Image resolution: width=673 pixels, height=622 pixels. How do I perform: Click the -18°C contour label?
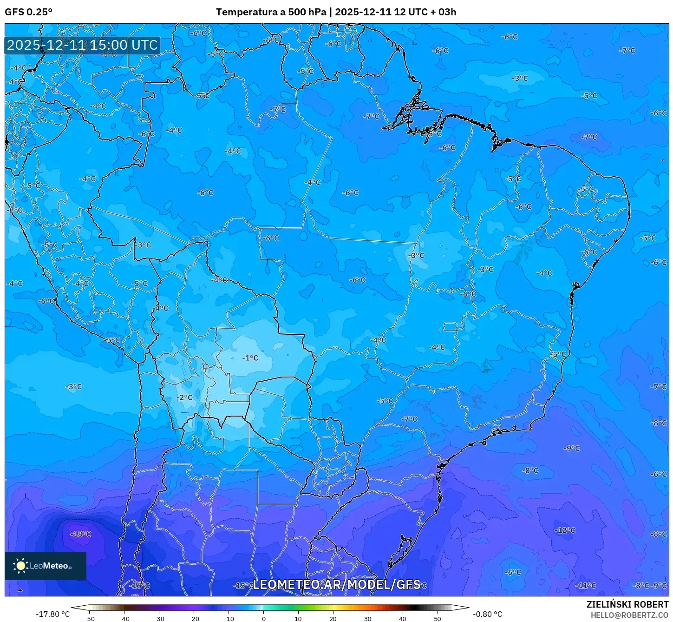pos(81,534)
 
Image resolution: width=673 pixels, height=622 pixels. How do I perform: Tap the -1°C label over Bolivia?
pos(250,358)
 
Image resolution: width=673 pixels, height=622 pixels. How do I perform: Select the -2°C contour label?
pos(184,397)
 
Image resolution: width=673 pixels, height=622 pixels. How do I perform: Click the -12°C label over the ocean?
pos(565,530)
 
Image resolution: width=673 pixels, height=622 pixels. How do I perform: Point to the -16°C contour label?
pos(139,586)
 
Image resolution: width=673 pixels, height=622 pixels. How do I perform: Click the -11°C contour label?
pos(586,586)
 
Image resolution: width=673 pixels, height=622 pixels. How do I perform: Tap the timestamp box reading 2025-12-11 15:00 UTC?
pos(83,45)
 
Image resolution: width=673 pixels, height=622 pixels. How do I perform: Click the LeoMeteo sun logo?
pos(20,566)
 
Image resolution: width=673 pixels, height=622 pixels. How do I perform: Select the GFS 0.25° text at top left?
pos(28,12)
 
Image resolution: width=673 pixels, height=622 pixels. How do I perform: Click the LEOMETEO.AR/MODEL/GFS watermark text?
pos(336,585)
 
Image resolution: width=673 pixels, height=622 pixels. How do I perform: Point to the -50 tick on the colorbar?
pos(89,619)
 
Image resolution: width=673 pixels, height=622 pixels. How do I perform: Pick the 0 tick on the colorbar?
pos(263,619)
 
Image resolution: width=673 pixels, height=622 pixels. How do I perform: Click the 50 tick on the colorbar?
pos(438,619)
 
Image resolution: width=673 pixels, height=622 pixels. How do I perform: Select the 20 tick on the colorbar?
pos(333,619)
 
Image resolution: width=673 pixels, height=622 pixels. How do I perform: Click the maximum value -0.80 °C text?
pos(487,614)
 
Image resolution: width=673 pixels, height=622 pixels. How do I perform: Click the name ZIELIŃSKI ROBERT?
pos(627,605)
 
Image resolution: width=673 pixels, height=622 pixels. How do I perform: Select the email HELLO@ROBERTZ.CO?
pos(629,615)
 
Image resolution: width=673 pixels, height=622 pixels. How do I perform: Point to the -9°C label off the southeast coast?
pos(572,449)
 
